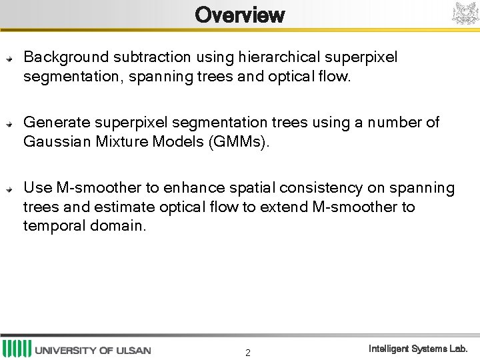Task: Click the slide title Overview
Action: (239, 15)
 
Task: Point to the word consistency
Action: (317, 188)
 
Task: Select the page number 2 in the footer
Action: (248, 353)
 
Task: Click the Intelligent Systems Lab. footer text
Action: (418, 349)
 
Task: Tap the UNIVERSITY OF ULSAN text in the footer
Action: (93, 350)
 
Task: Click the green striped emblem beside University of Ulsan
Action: (17, 349)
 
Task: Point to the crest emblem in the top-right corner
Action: (465, 13)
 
